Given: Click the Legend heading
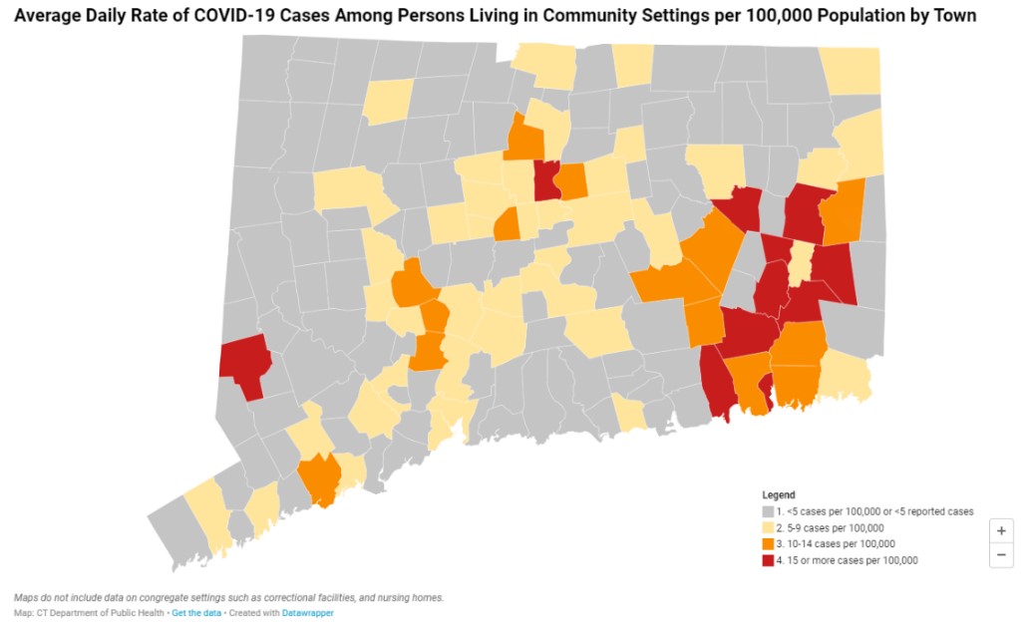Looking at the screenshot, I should pos(779,494).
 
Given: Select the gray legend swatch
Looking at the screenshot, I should pos(768,511).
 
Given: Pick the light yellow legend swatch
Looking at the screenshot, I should pos(768,527).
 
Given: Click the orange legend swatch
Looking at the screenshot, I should pos(768,544).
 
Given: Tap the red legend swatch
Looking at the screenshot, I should pos(768,560).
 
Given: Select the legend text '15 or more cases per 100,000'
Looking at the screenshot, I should pos(847,560).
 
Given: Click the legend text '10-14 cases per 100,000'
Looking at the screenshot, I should pos(836,544).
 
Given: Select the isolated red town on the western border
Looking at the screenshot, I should pos(244,363).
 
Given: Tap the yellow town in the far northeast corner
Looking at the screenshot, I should pos(852,71).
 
